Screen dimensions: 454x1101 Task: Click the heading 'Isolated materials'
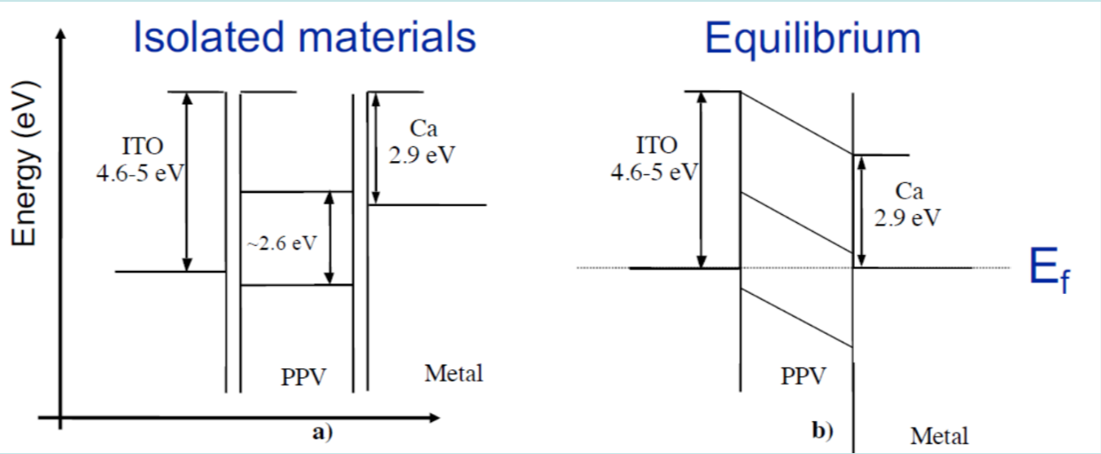click(304, 37)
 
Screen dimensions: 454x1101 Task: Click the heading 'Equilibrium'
click(812, 38)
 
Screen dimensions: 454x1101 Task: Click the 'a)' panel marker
click(322, 433)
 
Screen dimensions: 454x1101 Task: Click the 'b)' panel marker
click(823, 432)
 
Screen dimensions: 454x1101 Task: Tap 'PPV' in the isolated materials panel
click(303, 378)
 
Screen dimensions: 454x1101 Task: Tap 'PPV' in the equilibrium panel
click(803, 376)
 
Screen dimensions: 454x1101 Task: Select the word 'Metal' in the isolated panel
click(454, 373)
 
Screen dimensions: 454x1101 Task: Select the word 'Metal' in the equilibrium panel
click(940, 435)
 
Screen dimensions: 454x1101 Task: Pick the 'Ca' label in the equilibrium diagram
click(908, 192)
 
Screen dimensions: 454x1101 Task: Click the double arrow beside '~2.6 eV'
click(330, 238)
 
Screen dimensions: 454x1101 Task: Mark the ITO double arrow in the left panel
click(187, 181)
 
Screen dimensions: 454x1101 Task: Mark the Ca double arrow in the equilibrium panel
click(860, 211)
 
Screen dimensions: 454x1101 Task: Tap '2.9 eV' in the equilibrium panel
click(908, 218)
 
